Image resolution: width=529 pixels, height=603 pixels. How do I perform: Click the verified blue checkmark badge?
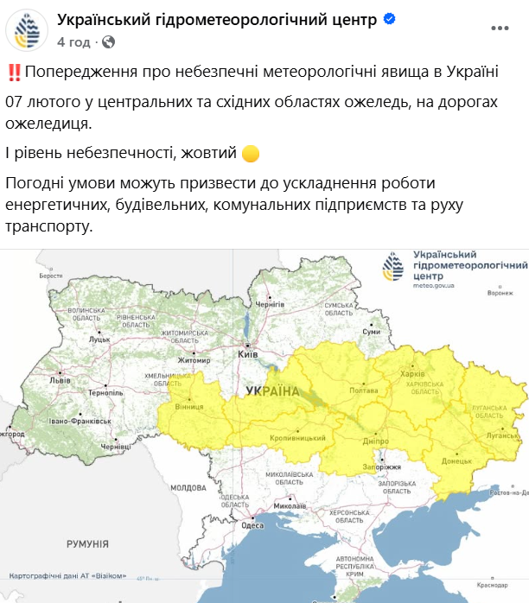coord(391,21)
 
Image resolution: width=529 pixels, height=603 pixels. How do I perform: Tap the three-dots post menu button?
coord(500,29)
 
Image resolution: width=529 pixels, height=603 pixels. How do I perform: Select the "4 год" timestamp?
coord(73,41)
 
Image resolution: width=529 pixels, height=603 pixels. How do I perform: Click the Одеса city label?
coord(252,525)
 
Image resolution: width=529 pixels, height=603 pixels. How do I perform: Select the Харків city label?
coord(413,374)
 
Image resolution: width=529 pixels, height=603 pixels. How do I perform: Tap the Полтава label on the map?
coord(361,390)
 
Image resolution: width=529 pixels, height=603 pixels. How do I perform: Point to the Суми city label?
coord(372,332)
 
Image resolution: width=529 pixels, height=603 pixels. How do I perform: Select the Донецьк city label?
coord(456,461)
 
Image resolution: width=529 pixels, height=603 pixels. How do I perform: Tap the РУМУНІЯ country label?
coord(87,543)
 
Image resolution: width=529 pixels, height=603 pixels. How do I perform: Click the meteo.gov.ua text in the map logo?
coord(432,283)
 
